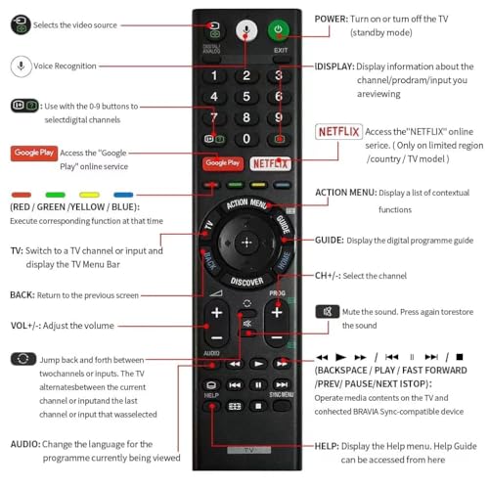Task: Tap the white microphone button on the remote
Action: pyautogui.click(x=247, y=30)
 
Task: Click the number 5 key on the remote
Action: pyautogui.click(x=247, y=97)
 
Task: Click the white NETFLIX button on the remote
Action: pyautogui.click(x=271, y=163)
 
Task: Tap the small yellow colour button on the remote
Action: pyautogui.click(x=257, y=182)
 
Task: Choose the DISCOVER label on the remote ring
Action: pyautogui.click(x=246, y=281)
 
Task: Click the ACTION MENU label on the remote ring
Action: pyautogui.click(x=245, y=203)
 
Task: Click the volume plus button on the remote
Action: pyautogui.click(x=215, y=314)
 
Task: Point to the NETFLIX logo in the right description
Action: pyautogui.click(x=339, y=132)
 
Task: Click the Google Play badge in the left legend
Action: pyautogui.click(x=33, y=153)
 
